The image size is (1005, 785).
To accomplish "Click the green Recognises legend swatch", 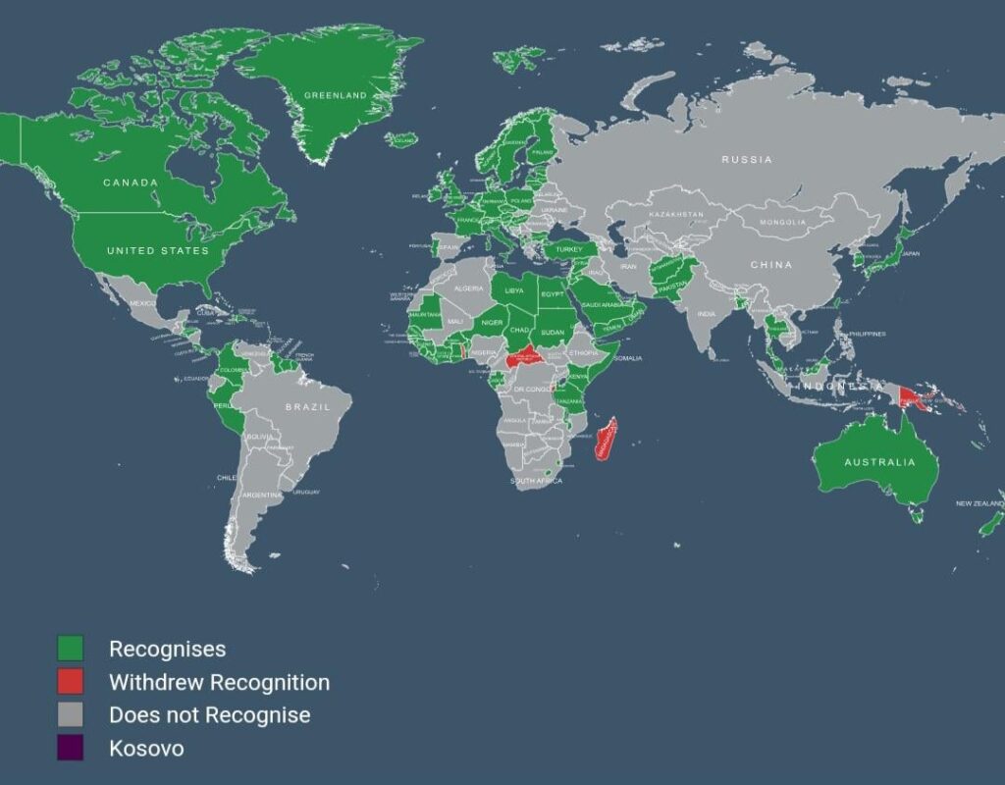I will (x=70, y=649).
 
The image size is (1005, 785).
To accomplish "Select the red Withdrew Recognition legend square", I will (x=70, y=682).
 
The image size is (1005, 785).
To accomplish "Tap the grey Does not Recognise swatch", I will (x=70, y=714).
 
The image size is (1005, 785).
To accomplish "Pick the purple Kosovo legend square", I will (x=70, y=748).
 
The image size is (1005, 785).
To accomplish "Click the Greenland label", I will (x=335, y=95).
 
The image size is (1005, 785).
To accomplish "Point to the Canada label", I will (x=131, y=183).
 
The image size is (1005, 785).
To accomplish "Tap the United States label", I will (x=158, y=251).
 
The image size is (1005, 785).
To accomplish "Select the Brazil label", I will (x=304, y=406).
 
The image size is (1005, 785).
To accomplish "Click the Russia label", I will (x=747, y=159).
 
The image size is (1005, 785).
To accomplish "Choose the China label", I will (x=771, y=265).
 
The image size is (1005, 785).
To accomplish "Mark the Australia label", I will (x=879, y=462).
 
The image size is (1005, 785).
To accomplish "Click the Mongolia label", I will (x=782, y=223).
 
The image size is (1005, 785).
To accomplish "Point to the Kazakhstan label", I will (x=675, y=214).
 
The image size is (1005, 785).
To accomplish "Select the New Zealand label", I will (x=979, y=504).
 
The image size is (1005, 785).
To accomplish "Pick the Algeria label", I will (x=469, y=288).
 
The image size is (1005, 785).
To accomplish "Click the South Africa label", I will (x=536, y=481).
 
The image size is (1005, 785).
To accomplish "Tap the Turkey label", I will (x=569, y=250).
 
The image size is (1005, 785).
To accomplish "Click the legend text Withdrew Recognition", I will (x=219, y=682).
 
